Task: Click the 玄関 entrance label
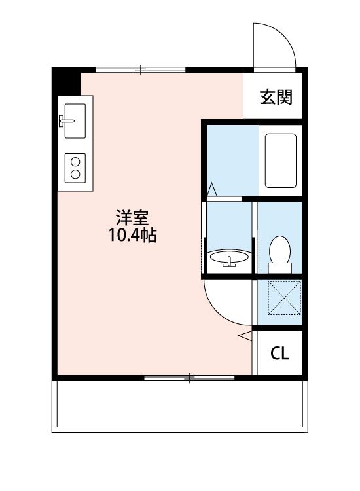point(276,98)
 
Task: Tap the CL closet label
point(279,354)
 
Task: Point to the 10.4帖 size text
point(133,236)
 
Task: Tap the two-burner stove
point(75,166)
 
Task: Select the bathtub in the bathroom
point(281,160)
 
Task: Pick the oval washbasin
point(228,256)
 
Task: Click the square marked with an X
point(279,298)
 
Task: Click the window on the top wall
point(140,69)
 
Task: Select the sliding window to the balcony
point(189,378)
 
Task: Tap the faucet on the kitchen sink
point(65,120)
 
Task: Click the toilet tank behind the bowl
point(280,267)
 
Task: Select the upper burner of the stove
point(75,160)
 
